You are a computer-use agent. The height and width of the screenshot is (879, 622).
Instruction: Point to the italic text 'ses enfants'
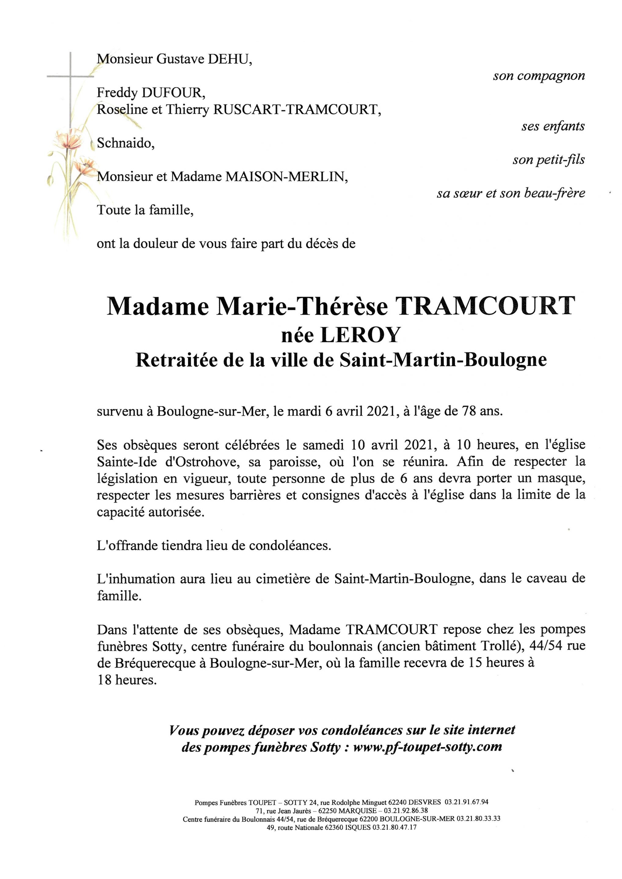[553, 126]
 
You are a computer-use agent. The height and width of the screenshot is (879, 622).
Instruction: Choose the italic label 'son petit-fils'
[548, 160]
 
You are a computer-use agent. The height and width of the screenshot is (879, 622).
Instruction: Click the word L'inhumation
[136, 579]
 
